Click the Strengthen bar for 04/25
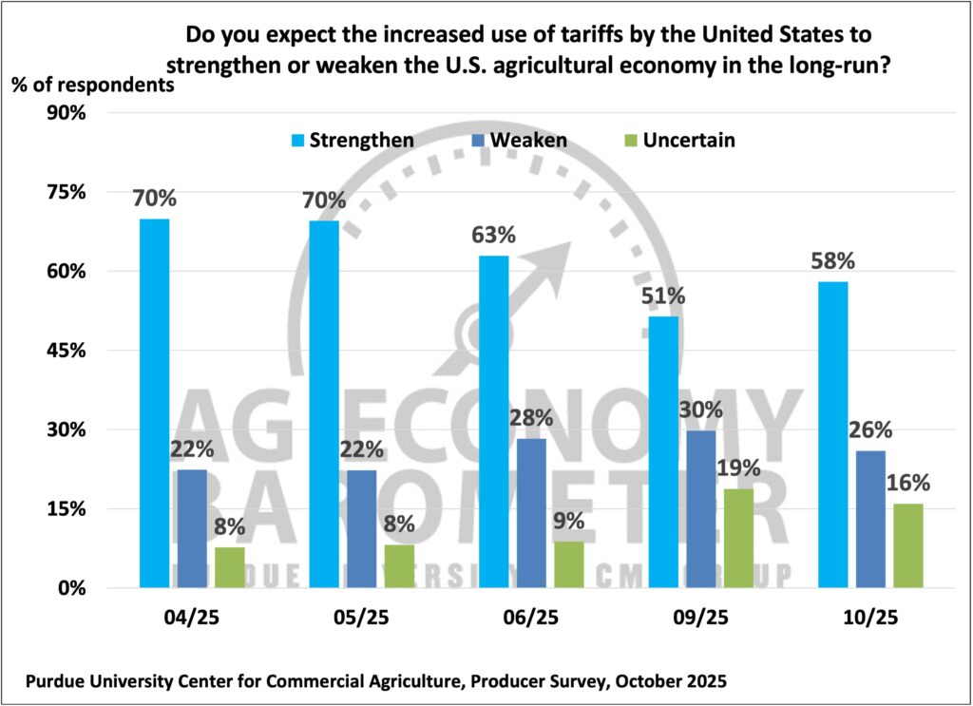[154, 403]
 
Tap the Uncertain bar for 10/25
[908, 545]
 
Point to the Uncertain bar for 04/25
[230, 567]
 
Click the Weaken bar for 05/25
[361, 528]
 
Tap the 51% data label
[661, 296]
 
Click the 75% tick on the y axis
[66, 192]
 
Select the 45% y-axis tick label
[66, 351]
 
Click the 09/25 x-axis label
[699, 617]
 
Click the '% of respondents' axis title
[93, 84]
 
